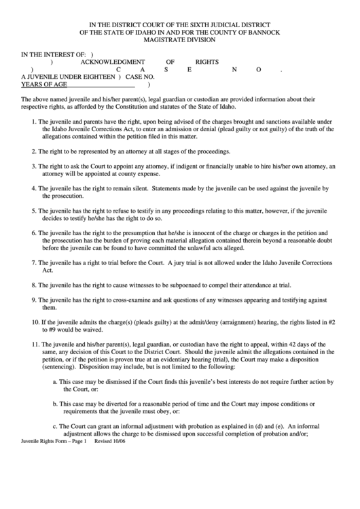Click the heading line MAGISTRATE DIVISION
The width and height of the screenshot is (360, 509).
[180, 41]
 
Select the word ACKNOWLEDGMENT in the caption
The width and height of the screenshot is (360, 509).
[113, 60]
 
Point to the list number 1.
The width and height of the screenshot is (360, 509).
[34, 121]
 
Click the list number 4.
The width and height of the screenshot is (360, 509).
[34, 187]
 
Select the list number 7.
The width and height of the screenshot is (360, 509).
[34, 262]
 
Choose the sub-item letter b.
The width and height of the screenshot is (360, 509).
[55, 404]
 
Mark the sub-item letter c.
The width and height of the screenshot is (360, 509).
[55, 426]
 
